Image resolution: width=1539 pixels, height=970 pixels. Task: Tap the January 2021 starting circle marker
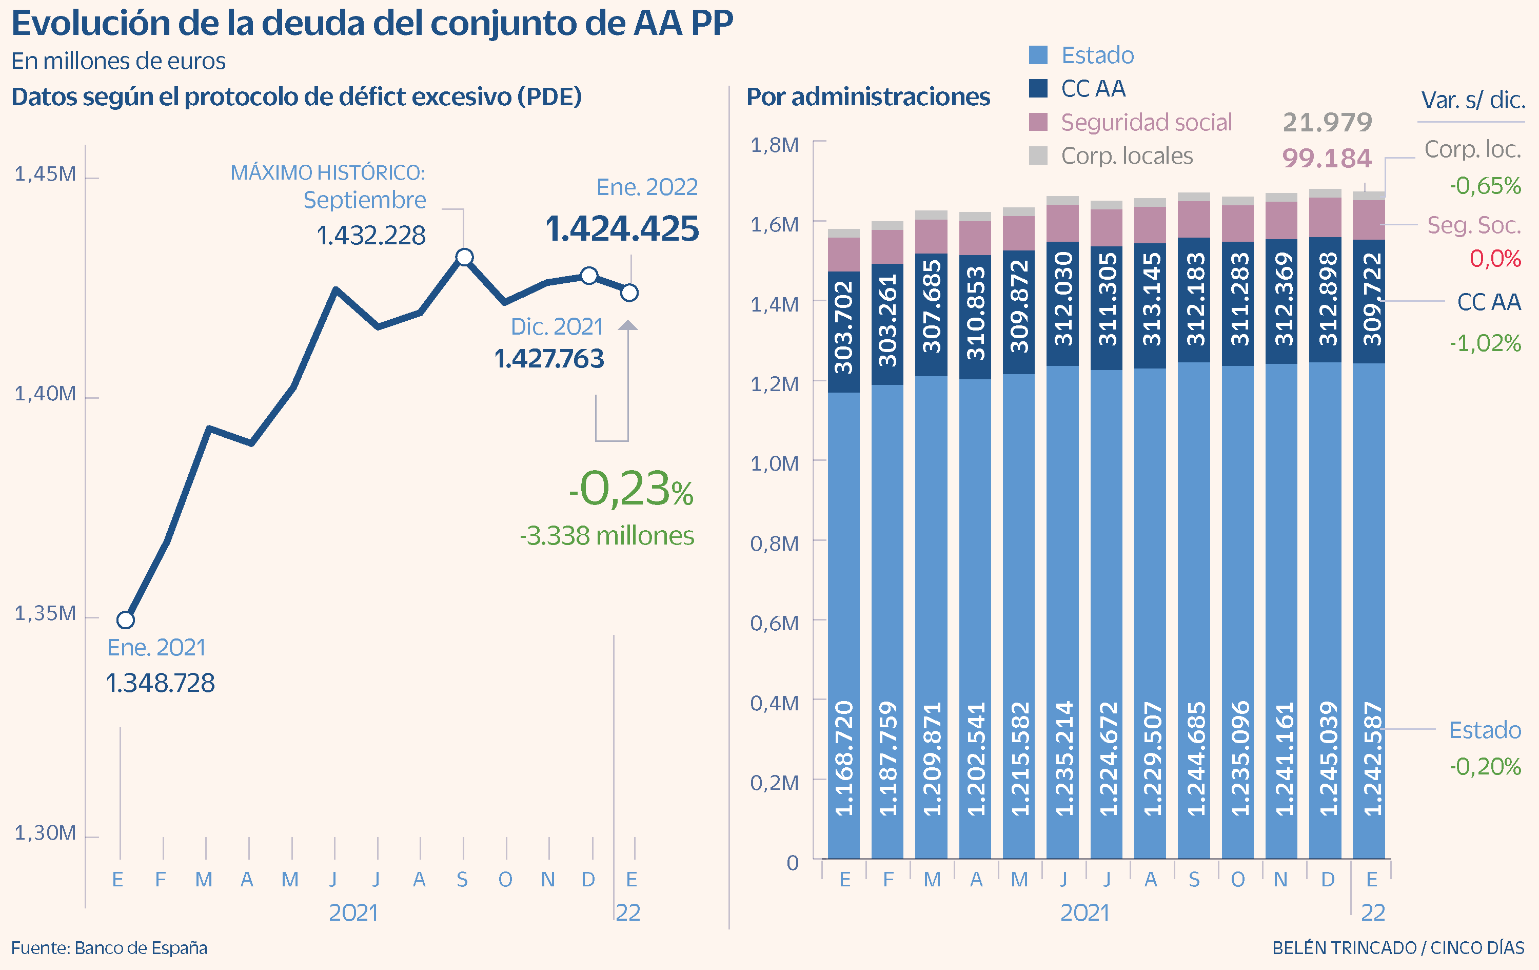pos(126,619)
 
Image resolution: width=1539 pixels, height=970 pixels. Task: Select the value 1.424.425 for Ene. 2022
pos(622,229)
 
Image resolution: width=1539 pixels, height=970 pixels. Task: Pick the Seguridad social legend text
pos(1146,122)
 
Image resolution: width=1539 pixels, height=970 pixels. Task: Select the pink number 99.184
pos(1327,158)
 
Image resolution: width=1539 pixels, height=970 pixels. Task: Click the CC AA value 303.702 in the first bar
pos(844,327)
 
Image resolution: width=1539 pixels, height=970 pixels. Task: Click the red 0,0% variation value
pos(1495,258)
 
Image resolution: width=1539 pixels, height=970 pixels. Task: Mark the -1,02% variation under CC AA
pos(1485,343)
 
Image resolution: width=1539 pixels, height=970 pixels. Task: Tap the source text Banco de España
pos(141,947)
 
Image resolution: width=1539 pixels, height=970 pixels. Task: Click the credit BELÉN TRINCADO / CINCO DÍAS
pos(1398,947)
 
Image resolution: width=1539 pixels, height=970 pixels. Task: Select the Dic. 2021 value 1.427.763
pos(549,359)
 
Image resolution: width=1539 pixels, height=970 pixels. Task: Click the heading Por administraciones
pos(868,97)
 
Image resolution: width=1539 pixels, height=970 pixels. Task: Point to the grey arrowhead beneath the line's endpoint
pos(628,325)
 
